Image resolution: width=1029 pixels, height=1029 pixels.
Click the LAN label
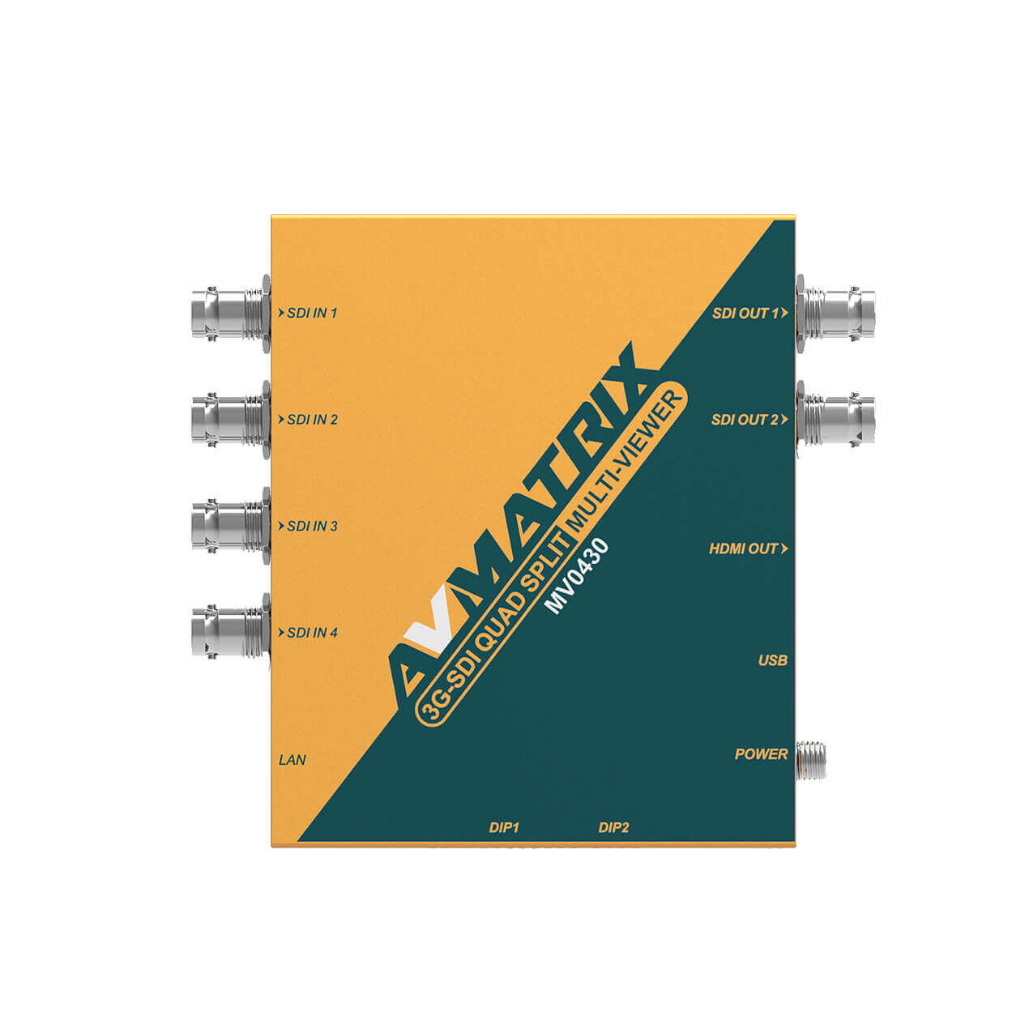(x=292, y=760)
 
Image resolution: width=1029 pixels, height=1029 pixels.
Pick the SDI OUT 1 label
(x=745, y=314)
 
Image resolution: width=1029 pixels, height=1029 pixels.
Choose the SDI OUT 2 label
(x=745, y=420)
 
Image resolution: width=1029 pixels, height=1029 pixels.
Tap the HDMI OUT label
(x=744, y=549)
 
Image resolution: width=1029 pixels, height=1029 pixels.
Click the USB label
(x=772, y=661)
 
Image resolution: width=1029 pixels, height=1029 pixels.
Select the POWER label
(x=761, y=754)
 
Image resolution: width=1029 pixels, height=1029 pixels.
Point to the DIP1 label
(x=504, y=827)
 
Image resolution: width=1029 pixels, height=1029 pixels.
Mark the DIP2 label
(x=614, y=827)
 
